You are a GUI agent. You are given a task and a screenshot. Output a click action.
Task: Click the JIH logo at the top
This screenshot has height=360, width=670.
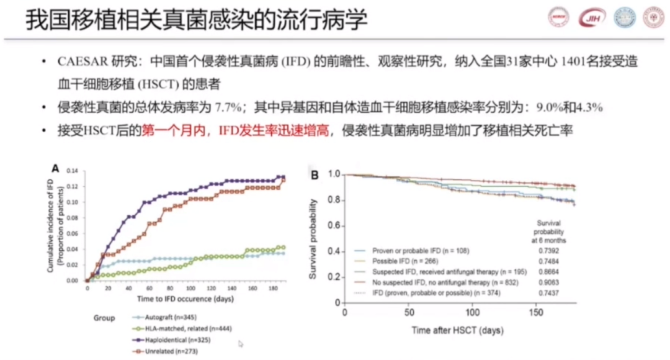coord(588,18)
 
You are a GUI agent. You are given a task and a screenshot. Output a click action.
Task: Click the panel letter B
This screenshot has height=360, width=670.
coord(315,176)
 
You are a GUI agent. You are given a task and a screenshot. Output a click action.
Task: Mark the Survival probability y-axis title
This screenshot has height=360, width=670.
coord(313,238)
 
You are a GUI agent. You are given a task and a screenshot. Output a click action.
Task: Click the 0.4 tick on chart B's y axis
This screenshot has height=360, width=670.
coord(334,251)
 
